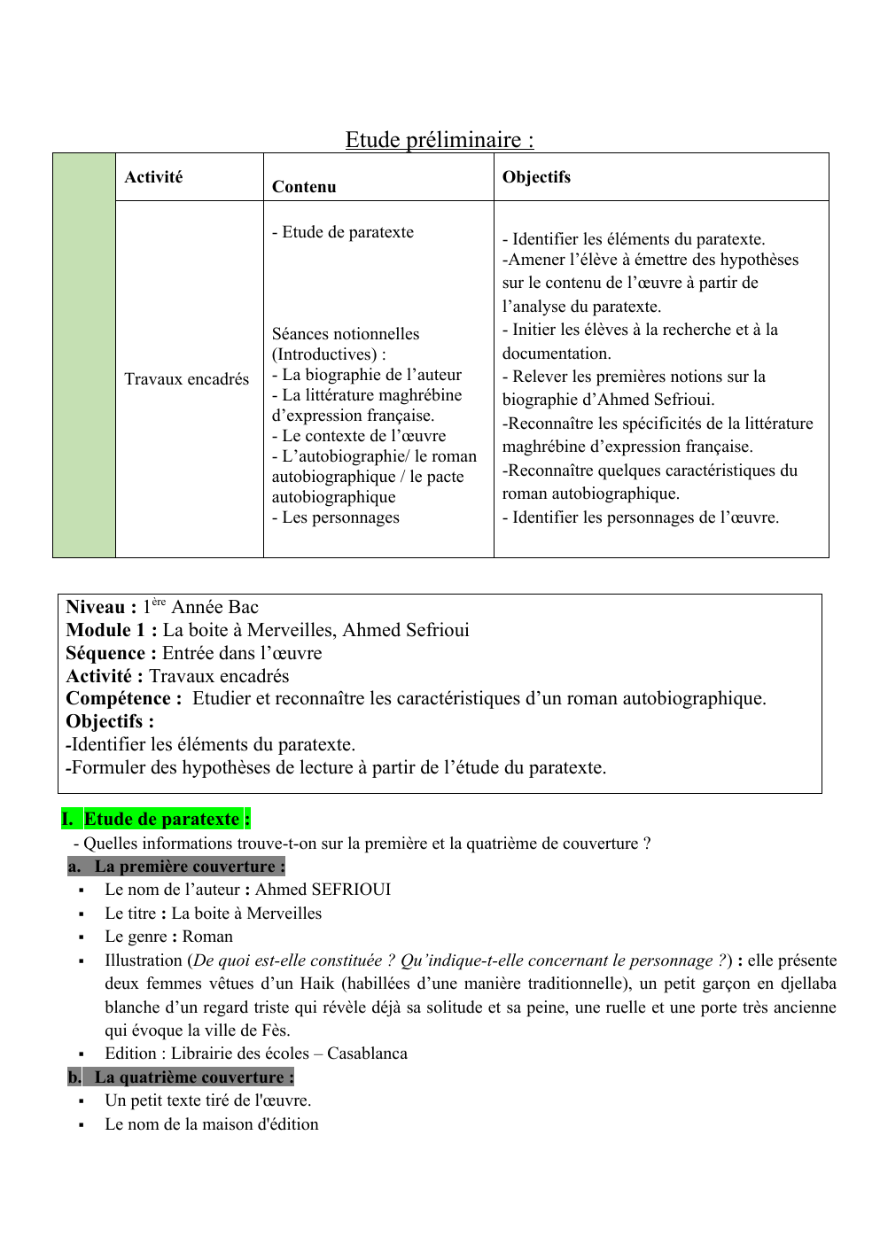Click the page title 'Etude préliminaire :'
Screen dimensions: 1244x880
(440, 140)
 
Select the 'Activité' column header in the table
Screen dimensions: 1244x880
(153, 177)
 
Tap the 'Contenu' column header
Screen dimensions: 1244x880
(304, 187)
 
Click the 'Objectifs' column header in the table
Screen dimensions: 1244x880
(536, 177)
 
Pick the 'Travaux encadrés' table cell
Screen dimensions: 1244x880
(186, 379)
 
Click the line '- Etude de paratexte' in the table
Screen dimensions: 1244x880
(343, 232)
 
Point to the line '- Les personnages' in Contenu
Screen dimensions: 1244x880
(336, 517)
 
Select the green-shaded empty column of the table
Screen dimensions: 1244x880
(84, 354)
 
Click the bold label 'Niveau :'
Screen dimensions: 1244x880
(101, 608)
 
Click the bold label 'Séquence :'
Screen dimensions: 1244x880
(111, 653)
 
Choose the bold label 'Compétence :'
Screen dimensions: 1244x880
(124, 699)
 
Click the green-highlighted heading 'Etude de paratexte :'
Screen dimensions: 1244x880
(167, 820)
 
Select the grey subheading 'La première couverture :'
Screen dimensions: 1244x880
(190, 867)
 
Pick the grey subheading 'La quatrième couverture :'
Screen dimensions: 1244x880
(194, 1077)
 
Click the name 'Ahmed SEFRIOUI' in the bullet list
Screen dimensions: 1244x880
(323, 890)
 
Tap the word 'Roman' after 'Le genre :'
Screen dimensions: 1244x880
(207, 937)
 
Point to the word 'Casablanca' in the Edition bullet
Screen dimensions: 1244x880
(367, 1054)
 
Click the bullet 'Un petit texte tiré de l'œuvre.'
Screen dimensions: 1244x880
(207, 1100)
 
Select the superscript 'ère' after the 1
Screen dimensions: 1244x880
(159, 603)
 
